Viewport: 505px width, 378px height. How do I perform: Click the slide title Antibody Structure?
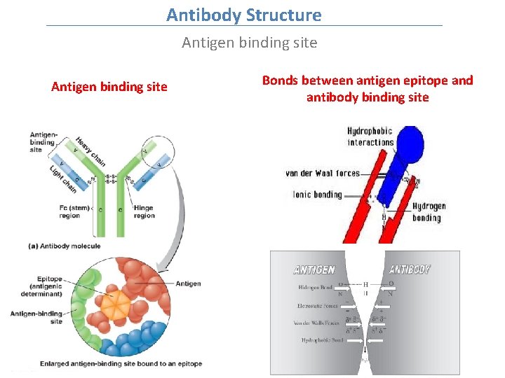(244, 15)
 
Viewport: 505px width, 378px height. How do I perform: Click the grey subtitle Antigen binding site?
(249, 43)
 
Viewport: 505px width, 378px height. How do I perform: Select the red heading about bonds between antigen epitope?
(368, 89)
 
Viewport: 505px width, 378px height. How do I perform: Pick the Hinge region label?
(144, 211)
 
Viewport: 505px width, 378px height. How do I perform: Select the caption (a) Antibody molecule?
(65, 246)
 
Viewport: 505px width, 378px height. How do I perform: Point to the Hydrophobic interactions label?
(370, 136)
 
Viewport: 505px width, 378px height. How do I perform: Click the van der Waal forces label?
(323, 173)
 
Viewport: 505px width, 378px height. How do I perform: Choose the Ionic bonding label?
(317, 194)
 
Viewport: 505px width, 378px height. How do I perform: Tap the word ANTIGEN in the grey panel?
(314, 269)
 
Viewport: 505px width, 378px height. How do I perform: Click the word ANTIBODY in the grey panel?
(410, 269)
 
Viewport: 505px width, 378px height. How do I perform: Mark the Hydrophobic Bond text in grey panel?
(322, 340)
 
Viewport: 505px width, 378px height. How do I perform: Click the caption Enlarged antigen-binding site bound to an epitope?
(121, 363)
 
